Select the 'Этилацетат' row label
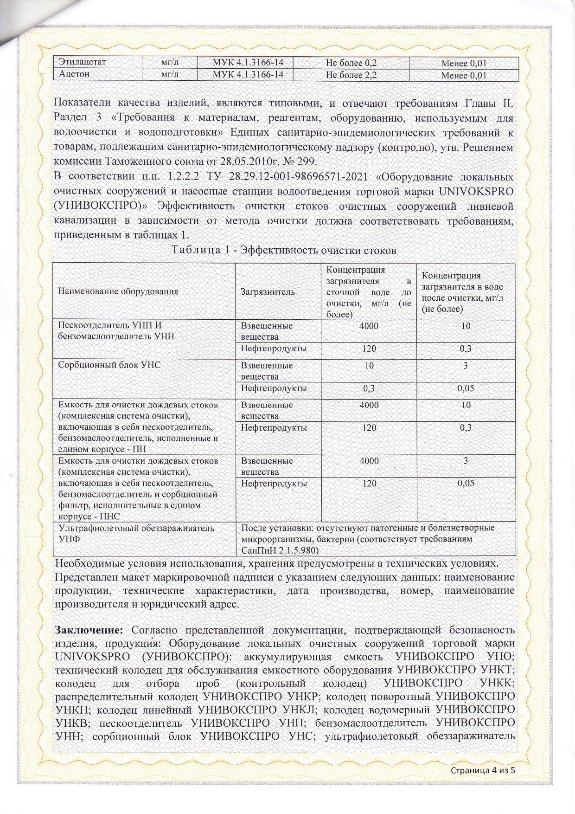(x=83, y=62)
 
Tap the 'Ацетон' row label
(x=74, y=74)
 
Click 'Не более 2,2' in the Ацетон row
(x=351, y=74)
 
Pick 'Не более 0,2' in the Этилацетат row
(x=351, y=63)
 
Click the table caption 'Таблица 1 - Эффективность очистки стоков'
(x=284, y=250)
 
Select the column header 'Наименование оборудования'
(x=118, y=292)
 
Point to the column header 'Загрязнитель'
(x=268, y=292)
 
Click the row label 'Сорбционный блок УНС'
(x=109, y=365)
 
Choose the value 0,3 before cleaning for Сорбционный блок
(x=369, y=388)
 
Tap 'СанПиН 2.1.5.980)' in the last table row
(x=280, y=550)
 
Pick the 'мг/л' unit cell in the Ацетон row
(x=170, y=74)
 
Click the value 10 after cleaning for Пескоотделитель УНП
(x=466, y=326)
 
